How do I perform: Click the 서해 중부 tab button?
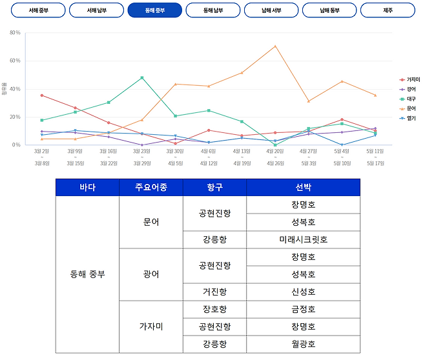click(x=38, y=11)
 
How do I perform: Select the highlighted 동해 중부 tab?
click(x=155, y=11)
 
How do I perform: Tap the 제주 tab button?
click(x=388, y=11)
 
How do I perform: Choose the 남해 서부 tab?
click(x=271, y=11)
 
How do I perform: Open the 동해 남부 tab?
click(x=213, y=11)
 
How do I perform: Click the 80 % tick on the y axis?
click(x=16, y=32)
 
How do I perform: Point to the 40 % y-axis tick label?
click(x=16, y=88)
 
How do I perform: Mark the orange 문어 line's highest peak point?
click(x=275, y=46)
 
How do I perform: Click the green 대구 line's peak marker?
click(x=141, y=77)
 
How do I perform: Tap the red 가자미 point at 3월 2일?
click(x=42, y=95)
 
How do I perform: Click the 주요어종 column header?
click(x=150, y=188)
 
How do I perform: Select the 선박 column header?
click(x=303, y=188)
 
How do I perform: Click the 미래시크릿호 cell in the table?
click(x=303, y=239)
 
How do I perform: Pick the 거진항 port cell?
click(x=214, y=292)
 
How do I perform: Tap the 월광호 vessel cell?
click(x=303, y=344)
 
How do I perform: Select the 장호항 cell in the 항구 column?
click(x=214, y=309)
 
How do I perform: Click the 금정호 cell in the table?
click(x=303, y=309)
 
